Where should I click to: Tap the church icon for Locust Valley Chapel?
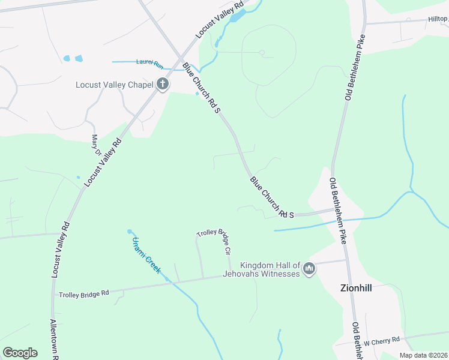pos(162,85)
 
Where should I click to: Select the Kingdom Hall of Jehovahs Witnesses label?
pos(270,269)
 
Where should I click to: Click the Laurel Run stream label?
pos(149,62)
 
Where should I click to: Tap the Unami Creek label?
pos(146,255)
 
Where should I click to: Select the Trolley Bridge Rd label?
pos(83,294)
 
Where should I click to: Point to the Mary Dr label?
pos(95,145)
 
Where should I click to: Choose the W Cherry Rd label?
pos(381,341)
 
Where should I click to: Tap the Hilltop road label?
pos(438,19)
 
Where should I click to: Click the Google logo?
pos(20,353)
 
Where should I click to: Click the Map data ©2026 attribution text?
pos(423,355)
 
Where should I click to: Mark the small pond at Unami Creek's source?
pos(129,232)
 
